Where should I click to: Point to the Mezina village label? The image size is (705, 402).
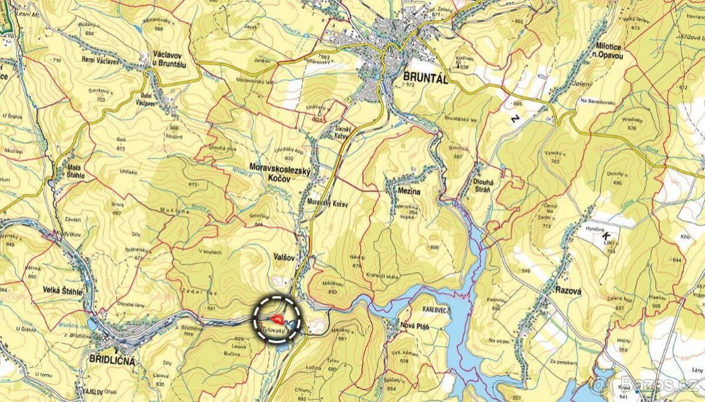pyautogui.click(x=403, y=191)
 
